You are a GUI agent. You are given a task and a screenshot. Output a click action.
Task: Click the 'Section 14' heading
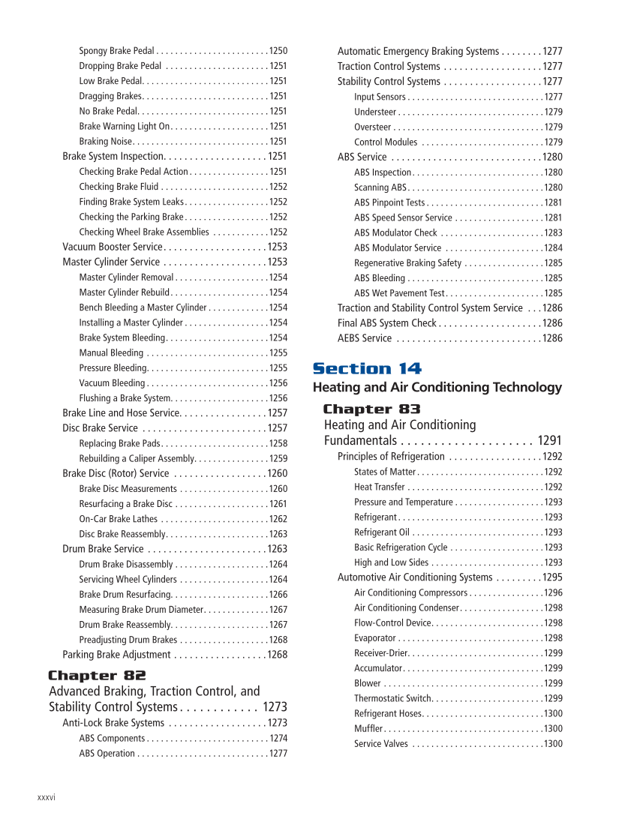(x=367, y=368)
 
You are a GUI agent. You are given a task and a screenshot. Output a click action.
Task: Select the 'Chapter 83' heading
(x=371, y=409)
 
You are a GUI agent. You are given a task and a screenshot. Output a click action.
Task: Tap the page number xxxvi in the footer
(x=46, y=797)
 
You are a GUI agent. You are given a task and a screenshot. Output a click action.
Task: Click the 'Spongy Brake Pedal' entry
(x=116, y=51)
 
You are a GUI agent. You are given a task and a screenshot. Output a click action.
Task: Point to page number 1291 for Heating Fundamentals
(x=549, y=440)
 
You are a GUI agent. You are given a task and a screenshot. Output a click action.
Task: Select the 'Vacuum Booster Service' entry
(x=112, y=247)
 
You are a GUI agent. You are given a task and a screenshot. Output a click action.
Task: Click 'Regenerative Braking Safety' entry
(x=407, y=262)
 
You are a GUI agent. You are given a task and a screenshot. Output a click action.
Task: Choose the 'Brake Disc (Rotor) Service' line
(x=116, y=473)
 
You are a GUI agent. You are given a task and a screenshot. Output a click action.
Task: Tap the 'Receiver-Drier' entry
(x=380, y=653)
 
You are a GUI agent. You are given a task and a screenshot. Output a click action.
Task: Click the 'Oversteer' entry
(x=372, y=127)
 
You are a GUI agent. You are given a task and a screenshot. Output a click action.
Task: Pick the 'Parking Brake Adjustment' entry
(x=116, y=655)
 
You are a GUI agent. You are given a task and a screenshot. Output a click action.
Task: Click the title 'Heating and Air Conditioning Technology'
(x=437, y=387)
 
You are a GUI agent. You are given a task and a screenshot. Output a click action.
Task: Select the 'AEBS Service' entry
(x=365, y=338)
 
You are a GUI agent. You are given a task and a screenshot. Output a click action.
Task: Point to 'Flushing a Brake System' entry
(x=125, y=398)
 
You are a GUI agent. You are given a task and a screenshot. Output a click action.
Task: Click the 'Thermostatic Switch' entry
(x=393, y=698)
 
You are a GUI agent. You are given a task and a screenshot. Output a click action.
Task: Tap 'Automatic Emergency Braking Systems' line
(x=418, y=51)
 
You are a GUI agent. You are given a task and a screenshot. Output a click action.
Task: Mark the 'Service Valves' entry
(x=381, y=744)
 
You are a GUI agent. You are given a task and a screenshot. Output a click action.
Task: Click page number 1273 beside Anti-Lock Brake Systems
(x=277, y=723)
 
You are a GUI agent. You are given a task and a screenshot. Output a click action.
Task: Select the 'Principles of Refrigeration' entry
(x=391, y=456)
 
